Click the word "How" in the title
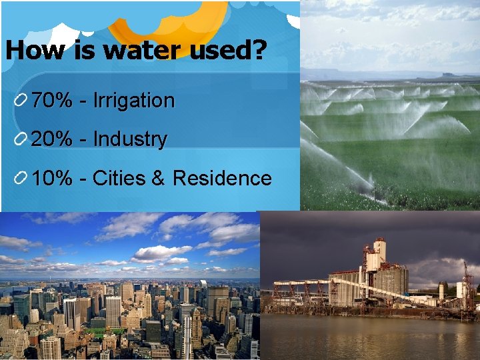pos(32,51)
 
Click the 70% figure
pos(52,101)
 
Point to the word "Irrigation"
pos(133,101)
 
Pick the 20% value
pos(52,139)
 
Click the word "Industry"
pos(130,139)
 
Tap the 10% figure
pos(52,178)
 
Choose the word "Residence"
pos(222,178)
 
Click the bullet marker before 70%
pos(21,101)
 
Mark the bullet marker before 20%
pos(21,140)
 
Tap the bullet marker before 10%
pos(21,179)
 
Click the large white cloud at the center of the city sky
pos(160,253)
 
